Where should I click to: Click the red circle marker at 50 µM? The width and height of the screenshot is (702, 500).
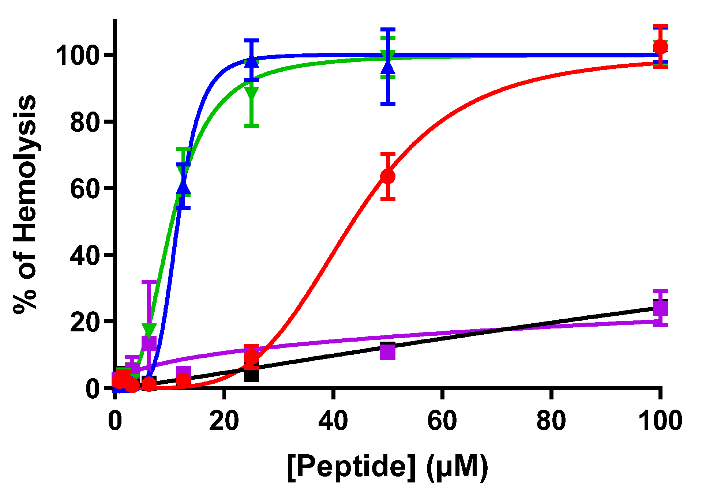click(x=388, y=176)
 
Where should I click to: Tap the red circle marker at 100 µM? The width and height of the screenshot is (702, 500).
click(x=660, y=47)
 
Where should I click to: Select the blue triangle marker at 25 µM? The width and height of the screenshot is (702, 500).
click(x=251, y=61)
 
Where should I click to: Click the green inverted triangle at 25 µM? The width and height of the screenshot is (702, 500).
click(x=251, y=93)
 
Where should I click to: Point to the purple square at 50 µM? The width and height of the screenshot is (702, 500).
click(x=388, y=352)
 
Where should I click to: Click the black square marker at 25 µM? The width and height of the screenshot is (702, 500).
click(x=251, y=375)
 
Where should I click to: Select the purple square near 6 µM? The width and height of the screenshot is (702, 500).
click(x=149, y=343)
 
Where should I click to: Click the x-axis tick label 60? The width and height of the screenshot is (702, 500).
click(x=442, y=421)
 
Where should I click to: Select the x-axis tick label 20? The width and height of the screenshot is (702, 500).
click(x=224, y=421)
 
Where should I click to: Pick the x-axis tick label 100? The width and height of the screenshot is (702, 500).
click(x=660, y=421)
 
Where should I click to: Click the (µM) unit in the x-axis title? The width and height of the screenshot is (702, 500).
click(x=457, y=467)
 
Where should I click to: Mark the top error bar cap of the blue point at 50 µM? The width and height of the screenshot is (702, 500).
click(x=388, y=29)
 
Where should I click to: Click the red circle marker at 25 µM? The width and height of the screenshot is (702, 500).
click(x=251, y=357)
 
